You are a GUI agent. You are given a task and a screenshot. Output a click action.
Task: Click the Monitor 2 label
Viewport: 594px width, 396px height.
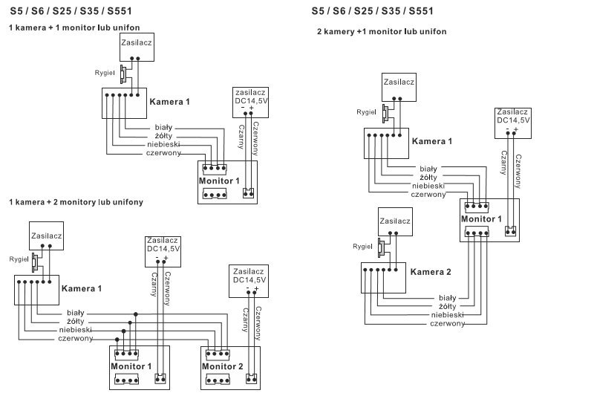point(223,366)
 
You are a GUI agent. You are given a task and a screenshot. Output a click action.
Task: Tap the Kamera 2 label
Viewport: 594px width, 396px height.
point(430,272)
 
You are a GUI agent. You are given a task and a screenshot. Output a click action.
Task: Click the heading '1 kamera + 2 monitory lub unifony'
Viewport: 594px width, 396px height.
point(76,202)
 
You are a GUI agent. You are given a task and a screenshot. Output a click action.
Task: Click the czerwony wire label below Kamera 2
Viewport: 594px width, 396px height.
point(447,323)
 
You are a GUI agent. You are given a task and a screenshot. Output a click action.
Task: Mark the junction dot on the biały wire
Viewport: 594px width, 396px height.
point(135,314)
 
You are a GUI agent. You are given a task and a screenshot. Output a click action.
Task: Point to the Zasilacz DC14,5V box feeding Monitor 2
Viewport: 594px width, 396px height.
point(249,276)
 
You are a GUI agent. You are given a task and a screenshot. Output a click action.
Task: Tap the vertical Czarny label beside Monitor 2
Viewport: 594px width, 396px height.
point(244,319)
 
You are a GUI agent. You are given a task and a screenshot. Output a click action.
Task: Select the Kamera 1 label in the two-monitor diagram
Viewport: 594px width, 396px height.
point(82,288)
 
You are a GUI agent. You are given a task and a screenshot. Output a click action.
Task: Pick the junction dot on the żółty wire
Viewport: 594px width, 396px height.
point(131,322)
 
